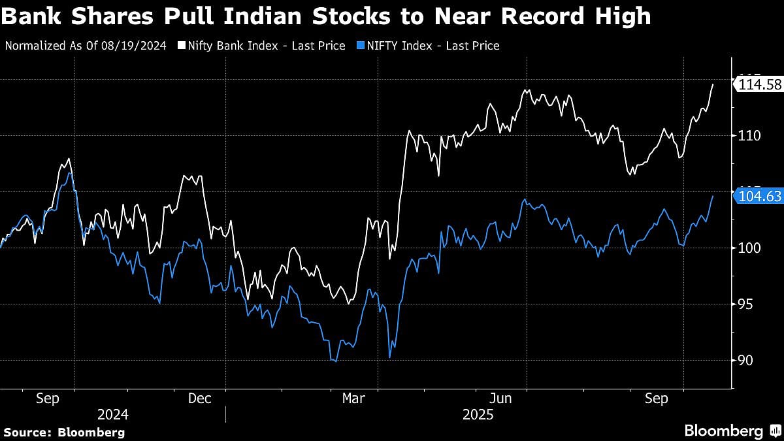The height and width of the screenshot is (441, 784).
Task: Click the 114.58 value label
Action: coord(760,84)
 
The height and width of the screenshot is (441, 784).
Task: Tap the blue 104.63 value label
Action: coord(760,195)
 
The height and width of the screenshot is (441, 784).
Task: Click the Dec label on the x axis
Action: coord(199,398)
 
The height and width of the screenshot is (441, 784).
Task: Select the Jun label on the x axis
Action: coord(500,398)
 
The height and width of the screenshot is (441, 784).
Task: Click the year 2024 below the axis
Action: coord(112,415)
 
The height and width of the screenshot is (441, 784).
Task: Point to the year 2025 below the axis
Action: coord(478,415)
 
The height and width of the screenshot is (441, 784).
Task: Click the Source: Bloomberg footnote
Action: coord(64,432)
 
